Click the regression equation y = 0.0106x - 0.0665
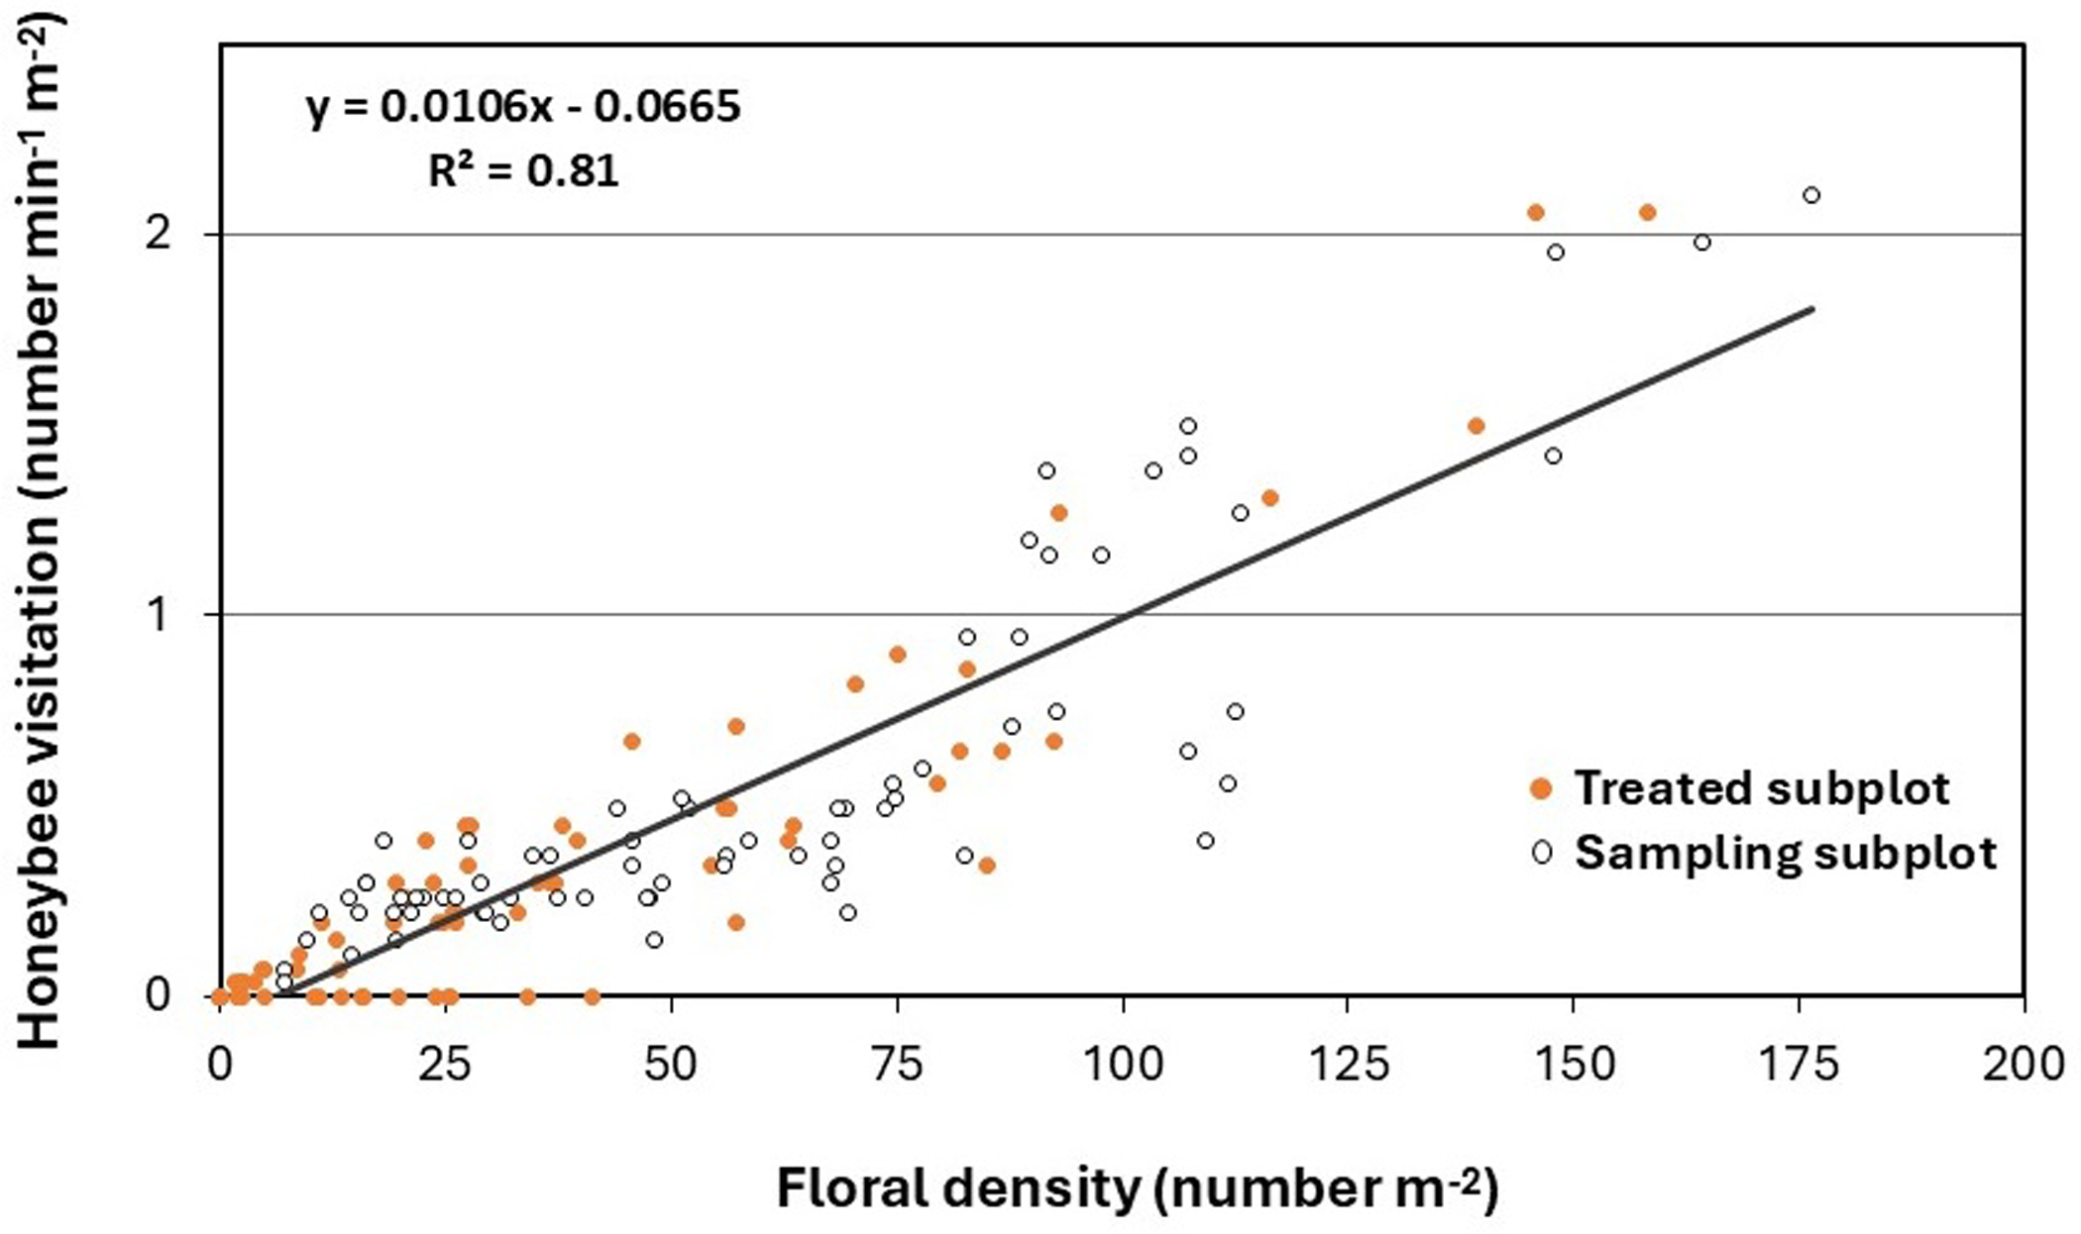523,107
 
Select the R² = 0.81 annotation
523,171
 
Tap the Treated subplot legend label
1762,789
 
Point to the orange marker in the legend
1541,789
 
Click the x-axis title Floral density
1137,1188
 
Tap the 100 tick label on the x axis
1123,1066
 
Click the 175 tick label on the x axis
1799,1066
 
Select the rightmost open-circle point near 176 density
1811,195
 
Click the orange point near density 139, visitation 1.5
1476,426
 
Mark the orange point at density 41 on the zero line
592,996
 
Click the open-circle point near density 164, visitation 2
1702,243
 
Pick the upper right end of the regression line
1812,309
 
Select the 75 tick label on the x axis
897,1066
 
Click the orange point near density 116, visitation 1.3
1269,498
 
